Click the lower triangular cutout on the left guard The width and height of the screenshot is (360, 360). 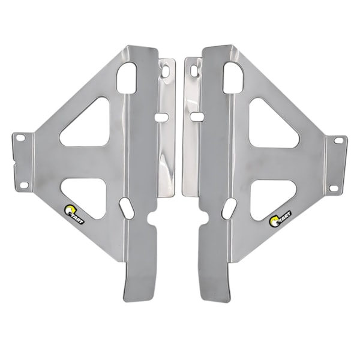click(x=87, y=196)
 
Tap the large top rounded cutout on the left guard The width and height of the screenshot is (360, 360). click(x=127, y=77)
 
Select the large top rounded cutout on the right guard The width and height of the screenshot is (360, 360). click(x=233, y=77)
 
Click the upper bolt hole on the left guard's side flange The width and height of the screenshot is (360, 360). click(x=20, y=138)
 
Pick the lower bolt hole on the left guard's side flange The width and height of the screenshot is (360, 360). click(x=24, y=185)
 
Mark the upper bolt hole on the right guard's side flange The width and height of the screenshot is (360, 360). click(x=338, y=140)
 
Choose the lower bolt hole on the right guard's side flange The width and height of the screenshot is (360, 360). click(x=334, y=188)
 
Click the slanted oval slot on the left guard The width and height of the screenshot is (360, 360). click(x=127, y=208)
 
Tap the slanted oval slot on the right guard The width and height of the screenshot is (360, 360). click(x=229, y=208)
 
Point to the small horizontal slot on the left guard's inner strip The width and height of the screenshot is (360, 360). click(x=161, y=117)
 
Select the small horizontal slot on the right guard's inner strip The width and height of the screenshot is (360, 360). click(x=196, y=116)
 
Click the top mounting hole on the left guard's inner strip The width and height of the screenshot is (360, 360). click(x=165, y=70)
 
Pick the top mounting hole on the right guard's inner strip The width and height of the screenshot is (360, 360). click(x=194, y=71)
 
